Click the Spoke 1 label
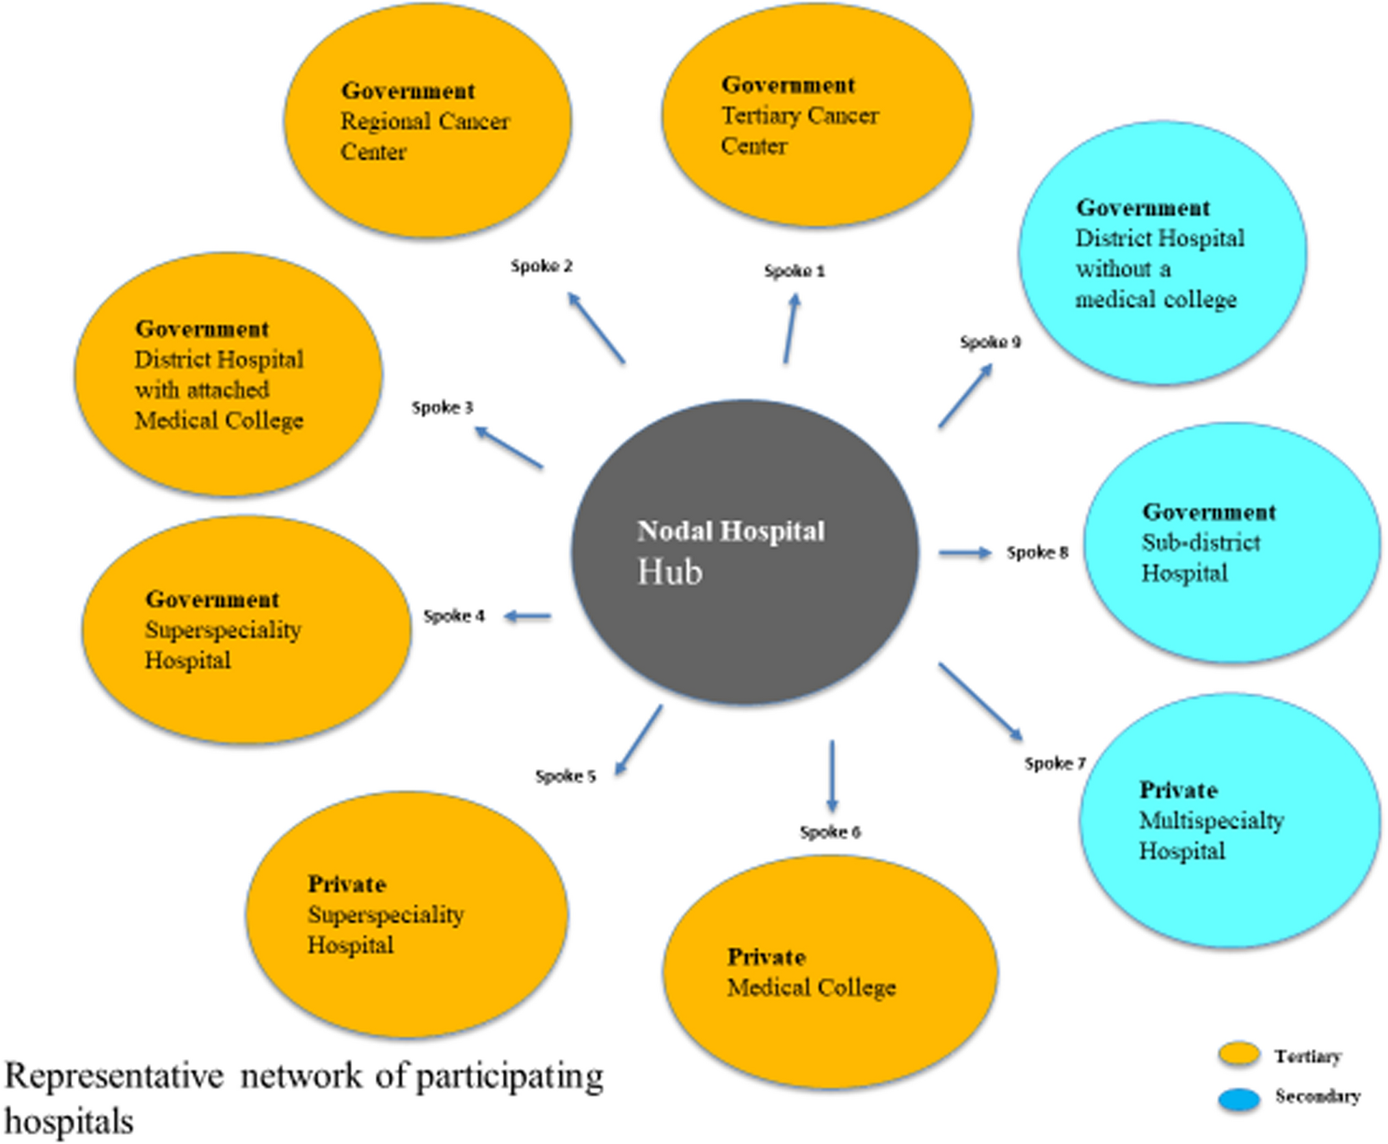794,271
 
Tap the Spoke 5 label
565,776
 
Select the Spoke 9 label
990,342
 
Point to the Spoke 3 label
442,408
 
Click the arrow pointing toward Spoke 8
964,552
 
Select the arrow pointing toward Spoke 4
528,617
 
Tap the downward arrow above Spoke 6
831,776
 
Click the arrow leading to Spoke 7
980,702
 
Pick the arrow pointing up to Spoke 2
596,327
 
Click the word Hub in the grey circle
669,572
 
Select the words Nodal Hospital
731,531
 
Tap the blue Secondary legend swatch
1238,1099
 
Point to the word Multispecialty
1211,820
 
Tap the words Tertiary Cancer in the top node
799,115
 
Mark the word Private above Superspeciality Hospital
347,884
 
